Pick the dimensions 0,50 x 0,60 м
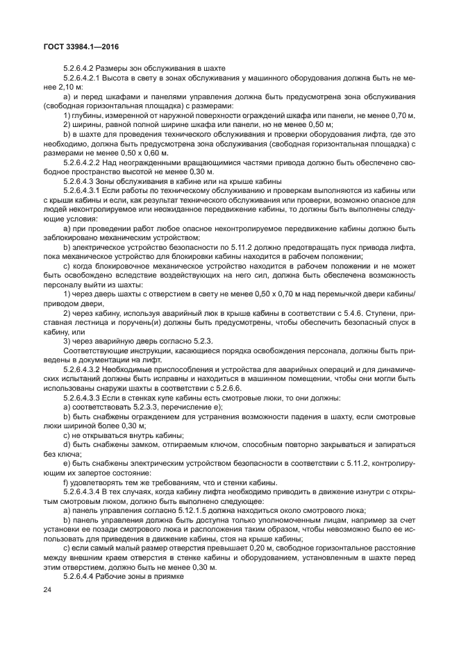[143, 151]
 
